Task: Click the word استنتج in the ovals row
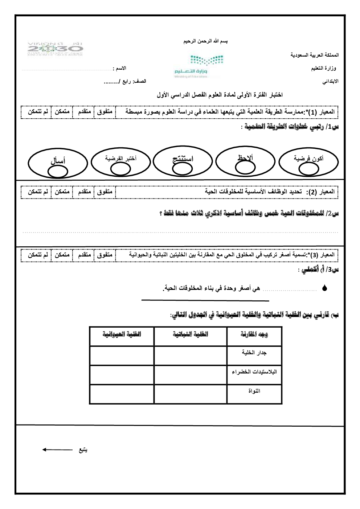183,159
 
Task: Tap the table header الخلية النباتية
190,334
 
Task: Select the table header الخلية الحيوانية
122,334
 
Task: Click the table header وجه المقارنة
254,334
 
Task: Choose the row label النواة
254,391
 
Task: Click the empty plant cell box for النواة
190,394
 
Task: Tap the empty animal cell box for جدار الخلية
122,356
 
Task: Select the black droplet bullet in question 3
324,289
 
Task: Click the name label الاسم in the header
120,68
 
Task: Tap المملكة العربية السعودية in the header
315,55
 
